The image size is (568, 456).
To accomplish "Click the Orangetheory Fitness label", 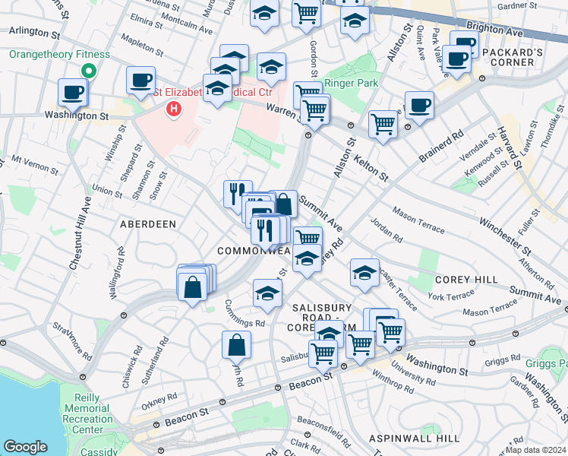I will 59,55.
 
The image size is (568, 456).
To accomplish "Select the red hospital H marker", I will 175,109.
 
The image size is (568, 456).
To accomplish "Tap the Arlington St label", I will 33,33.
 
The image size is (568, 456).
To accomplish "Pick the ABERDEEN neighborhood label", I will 148,224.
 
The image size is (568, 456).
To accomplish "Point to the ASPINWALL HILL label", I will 414,439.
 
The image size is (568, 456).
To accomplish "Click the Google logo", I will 25,447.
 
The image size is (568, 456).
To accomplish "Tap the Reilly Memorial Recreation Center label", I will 93,414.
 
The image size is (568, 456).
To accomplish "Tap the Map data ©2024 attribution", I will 536,450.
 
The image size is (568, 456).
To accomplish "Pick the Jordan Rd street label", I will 387,229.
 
